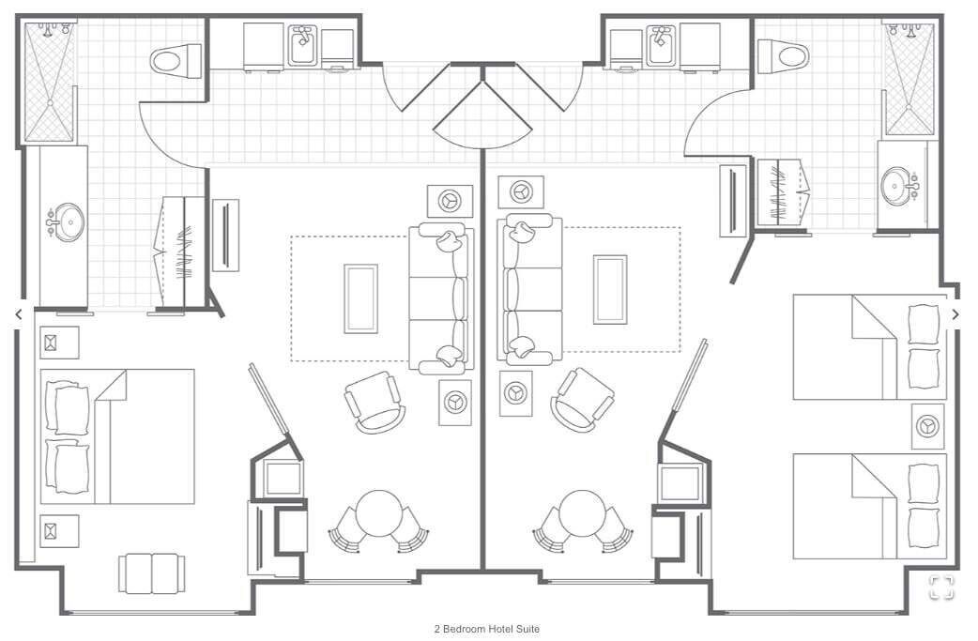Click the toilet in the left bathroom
point(176,61)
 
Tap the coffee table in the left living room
point(360,298)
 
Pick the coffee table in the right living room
point(610,289)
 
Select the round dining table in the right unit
point(582,511)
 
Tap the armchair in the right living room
point(583,400)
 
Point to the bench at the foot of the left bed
point(151,573)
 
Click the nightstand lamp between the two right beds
point(927,426)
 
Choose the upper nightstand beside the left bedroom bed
point(59,343)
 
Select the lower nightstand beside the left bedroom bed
point(59,531)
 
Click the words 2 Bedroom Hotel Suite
point(486,629)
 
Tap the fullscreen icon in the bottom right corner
point(941,587)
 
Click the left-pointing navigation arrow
point(19,314)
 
